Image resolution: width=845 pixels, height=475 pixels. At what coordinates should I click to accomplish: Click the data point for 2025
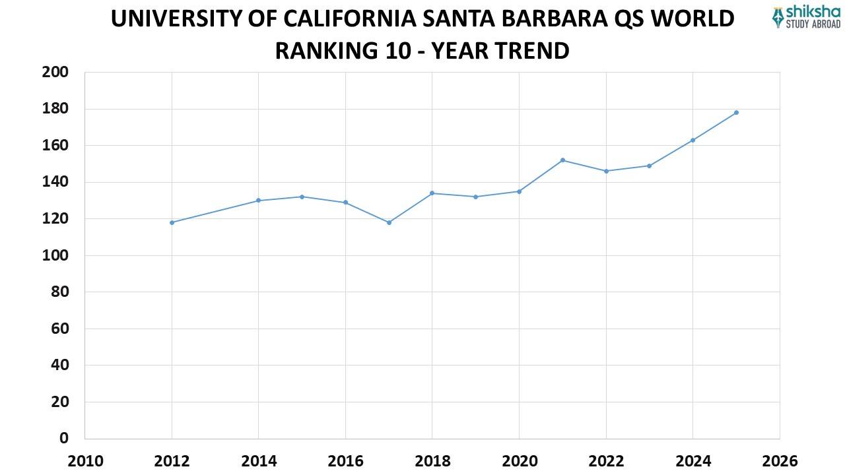[736, 112]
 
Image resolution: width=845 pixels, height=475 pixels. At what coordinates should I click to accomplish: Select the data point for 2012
[172, 222]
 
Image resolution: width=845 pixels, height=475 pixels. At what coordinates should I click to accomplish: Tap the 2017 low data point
[389, 222]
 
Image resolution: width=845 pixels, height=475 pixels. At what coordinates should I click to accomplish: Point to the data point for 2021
[562, 160]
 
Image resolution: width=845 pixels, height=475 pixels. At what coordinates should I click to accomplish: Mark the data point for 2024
[693, 140]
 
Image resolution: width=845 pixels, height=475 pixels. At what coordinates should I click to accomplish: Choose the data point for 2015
[302, 197]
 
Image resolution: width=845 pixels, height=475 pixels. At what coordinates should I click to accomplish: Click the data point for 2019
[475, 197]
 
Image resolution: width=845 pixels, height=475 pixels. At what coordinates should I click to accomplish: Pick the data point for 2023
[649, 166]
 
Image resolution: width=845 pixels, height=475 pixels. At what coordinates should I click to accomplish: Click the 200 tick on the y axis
[55, 72]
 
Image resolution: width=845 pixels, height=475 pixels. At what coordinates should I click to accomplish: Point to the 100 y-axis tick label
[55, 255]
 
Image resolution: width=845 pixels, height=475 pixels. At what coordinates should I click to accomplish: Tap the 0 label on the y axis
[64, 438]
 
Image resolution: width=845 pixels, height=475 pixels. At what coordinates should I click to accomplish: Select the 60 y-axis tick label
[59, 329]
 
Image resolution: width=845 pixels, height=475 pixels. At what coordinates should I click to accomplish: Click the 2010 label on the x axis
[85, 460]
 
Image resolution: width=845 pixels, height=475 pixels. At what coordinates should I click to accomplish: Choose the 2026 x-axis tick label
[780, 460]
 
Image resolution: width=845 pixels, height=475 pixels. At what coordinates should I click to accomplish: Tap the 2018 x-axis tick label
[432, 460]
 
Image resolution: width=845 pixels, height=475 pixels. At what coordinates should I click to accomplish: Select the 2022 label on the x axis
[606, 460]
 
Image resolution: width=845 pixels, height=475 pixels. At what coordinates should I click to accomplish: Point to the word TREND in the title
[531, 50]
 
